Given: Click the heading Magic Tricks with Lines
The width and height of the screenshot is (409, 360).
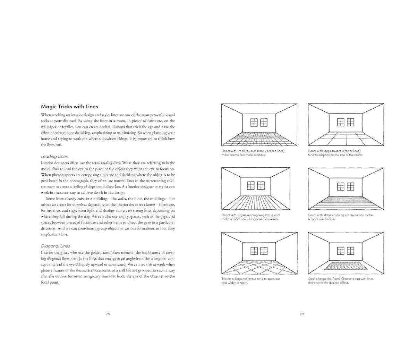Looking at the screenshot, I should click(69, 107).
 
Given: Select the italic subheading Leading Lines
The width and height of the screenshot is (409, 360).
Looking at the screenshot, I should click(54, 156).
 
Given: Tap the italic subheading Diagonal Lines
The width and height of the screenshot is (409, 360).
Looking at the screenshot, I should click(56, 246).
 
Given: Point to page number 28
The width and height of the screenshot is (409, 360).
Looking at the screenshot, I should click(108, 314).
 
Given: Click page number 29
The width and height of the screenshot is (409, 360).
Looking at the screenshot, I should click(302, 314).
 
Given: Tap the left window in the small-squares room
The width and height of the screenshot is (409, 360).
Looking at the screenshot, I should click(254, 123).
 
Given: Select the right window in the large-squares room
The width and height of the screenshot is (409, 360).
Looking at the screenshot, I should click(350, 122).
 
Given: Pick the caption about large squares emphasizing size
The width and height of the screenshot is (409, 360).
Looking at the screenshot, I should click(335, 153).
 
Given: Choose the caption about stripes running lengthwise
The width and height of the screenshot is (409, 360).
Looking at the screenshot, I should click(250, 217).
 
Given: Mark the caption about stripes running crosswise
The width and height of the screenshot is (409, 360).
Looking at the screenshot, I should click(340, 217).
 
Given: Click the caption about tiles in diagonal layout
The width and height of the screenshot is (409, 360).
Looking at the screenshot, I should click(251, 281).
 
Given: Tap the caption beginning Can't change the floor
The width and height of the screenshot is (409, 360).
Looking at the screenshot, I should click(341, 281).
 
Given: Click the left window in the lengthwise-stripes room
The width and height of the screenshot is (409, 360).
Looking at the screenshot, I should click(250, 186).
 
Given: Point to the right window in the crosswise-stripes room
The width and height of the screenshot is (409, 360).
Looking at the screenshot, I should click(350, 187).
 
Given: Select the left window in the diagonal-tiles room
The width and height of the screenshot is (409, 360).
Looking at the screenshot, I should click(254, 251).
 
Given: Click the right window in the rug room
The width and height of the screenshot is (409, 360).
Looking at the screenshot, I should click(350, 251).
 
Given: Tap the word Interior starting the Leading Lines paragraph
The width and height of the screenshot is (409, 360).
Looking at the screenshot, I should click(47, 163).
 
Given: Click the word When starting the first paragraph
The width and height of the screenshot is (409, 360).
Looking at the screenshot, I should click(46, 115).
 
